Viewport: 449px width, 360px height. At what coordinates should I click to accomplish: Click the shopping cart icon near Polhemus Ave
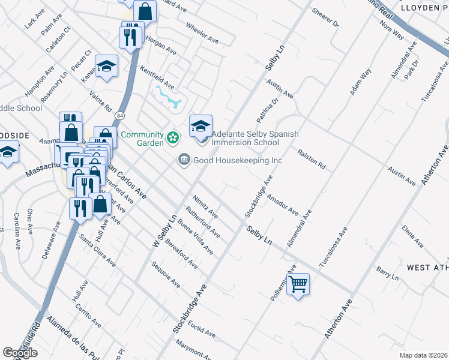[x=298, y=284]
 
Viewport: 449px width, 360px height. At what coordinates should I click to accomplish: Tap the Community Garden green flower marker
[x=173, y=138]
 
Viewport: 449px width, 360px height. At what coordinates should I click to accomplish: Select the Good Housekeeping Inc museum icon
[x=184, y=160]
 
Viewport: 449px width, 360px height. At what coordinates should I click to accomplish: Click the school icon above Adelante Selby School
[x=201, y=125]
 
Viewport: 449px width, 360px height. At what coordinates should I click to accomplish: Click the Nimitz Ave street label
[x=205, y=206]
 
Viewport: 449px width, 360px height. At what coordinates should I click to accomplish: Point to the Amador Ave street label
[x=282, y=204]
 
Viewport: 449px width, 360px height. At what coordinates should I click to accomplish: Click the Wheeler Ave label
[x=202, y=34]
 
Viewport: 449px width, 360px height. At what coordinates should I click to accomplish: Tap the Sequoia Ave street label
[x=166, y=274]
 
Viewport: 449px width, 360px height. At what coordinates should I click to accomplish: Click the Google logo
[x=20, y=353]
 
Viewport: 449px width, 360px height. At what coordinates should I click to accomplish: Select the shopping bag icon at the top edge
[x=145, y=10]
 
